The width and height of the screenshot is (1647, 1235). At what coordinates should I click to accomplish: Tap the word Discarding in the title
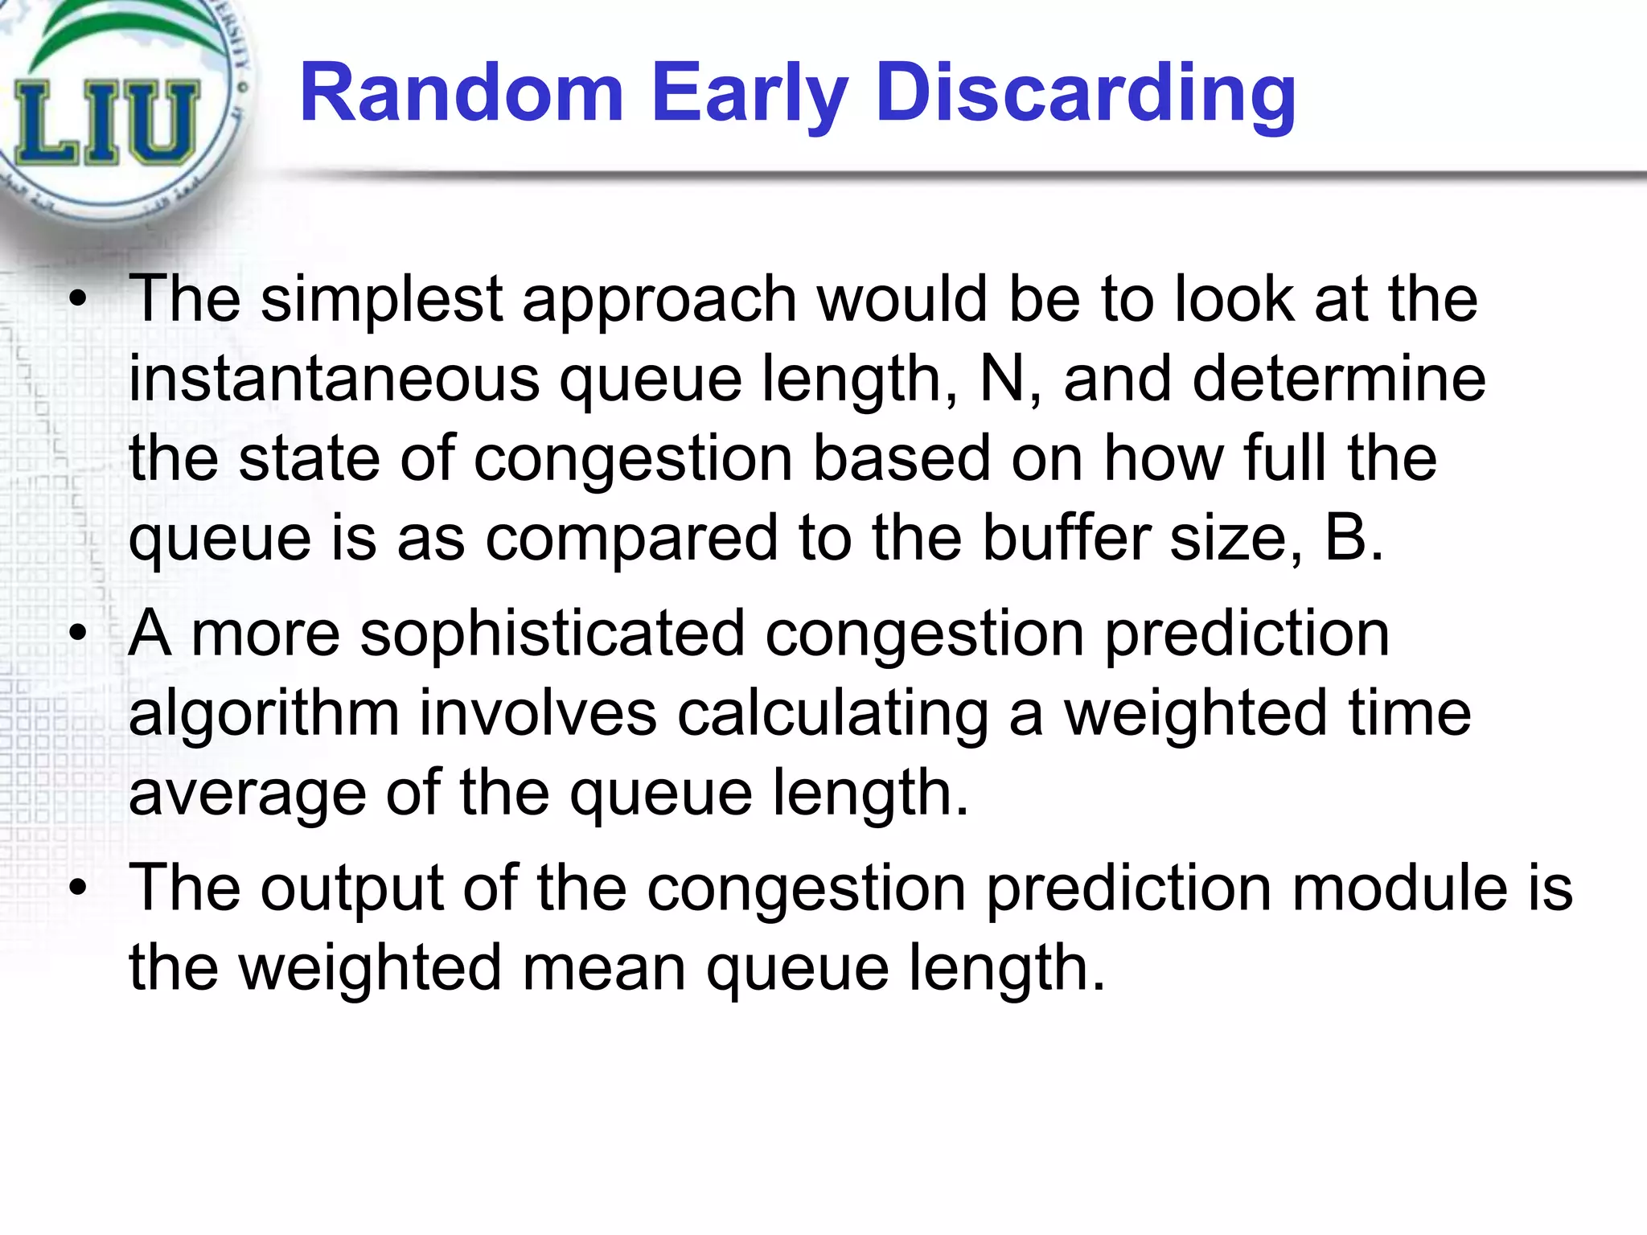pyautogui.click(x=1086, y=95)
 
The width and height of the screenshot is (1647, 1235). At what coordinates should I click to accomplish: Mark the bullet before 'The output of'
pyautogui.click(x=77, y=889)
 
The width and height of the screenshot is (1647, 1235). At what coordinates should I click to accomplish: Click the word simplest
pyautogui.click(x=382, y=299)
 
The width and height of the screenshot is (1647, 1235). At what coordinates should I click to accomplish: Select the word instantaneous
pyautogui.click(x=334, y=379)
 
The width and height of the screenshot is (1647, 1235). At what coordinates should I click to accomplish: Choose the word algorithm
pyautogui.click(x=264, y=714)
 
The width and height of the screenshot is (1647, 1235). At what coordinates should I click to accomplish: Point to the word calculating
pyautogui.click(x=832, y=714)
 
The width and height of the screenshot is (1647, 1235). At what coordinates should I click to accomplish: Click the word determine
pyautogui.click(x=1339, y=379)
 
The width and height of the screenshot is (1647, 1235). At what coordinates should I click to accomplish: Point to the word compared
pyautogui.click(x=631, y=539)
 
